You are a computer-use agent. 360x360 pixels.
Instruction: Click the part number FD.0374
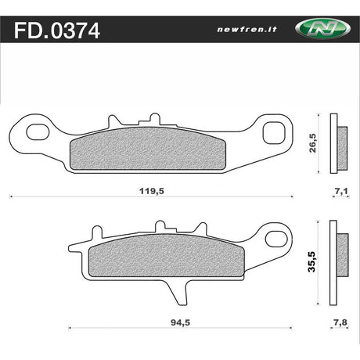click(x=57, y=31)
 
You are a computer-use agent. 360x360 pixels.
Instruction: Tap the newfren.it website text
click(x=247, y=29)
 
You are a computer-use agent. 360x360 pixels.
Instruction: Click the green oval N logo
click(x=322, y=29)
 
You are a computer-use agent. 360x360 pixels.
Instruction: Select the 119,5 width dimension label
click(x=152, y=191)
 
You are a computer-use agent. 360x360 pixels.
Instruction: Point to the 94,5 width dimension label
click(x=180, y=322)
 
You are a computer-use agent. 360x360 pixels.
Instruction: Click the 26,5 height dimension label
click(x=312, y=143)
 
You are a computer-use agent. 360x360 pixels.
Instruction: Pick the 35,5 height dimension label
click(x=311, y=262)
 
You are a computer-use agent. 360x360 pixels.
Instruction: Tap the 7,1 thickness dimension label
click(x=341, y=191)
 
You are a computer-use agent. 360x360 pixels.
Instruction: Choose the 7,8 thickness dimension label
click(x=340, y=322)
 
